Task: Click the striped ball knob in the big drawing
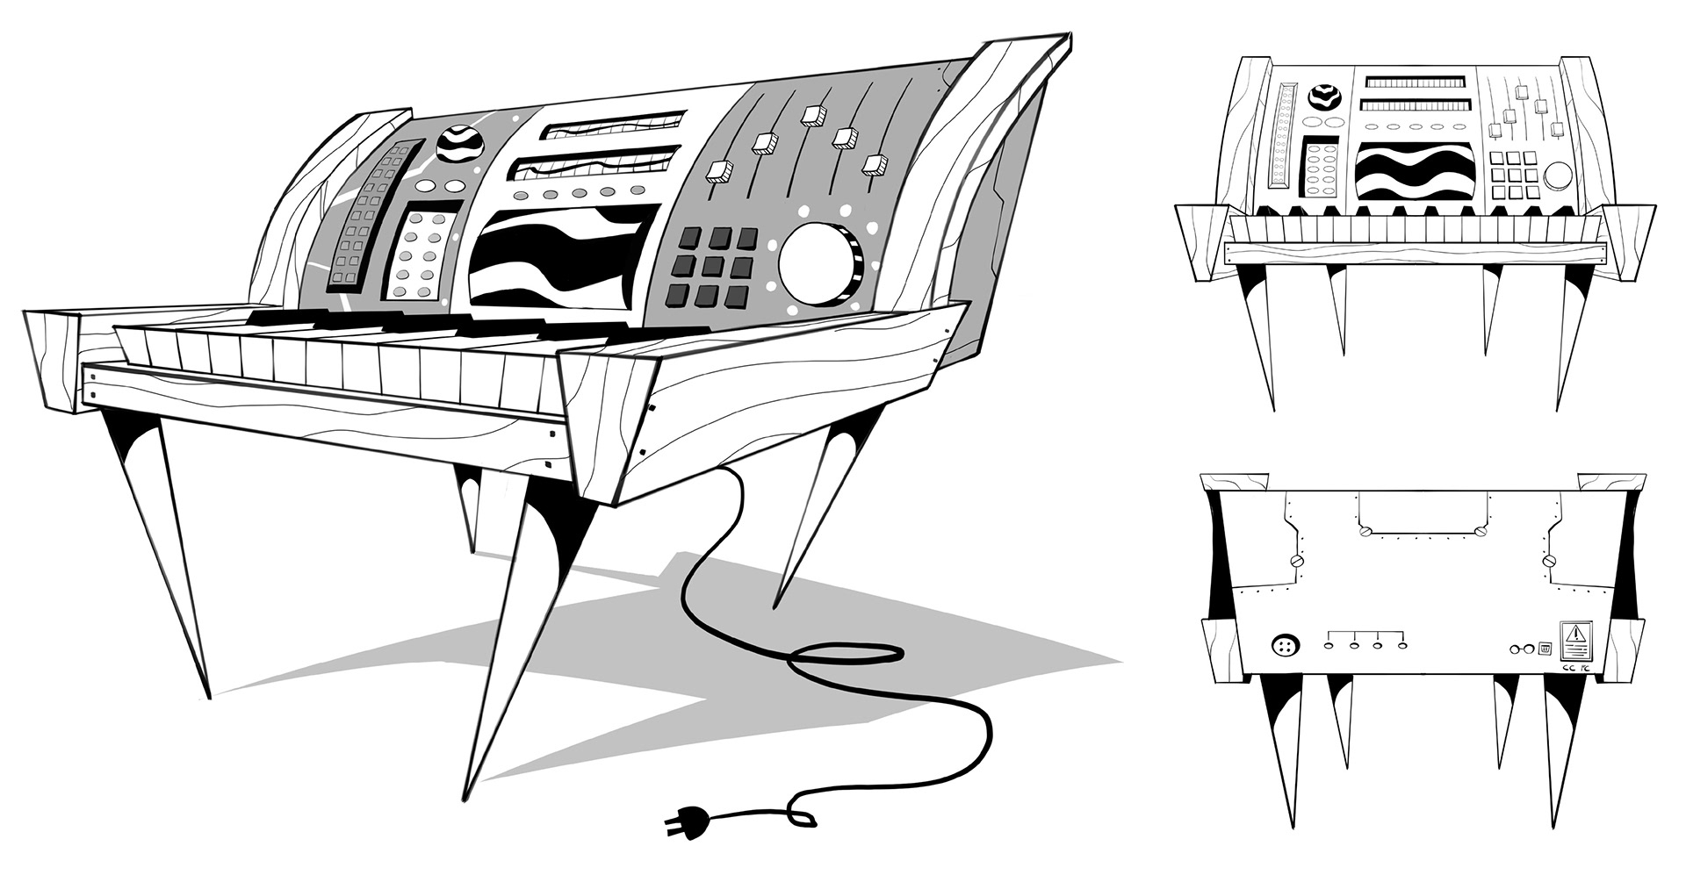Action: tap(459, 143)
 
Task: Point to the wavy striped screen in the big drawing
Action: tap(560, 257)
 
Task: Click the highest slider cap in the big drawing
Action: tap(811, 115)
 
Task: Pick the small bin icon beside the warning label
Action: tap(1545, 649)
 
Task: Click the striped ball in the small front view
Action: tap(1322, 97)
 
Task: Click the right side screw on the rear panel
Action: tap(1549, 559)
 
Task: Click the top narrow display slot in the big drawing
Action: tap(612, 125)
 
